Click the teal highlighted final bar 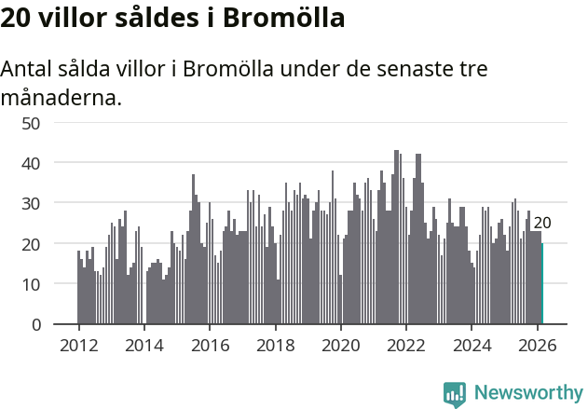pyautogui.click(x=542, y=284)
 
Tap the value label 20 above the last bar pyautogui.click(x=542, y=223)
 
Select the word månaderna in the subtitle pyautogui.click(x=61, y=97)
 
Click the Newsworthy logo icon pyautogui.click(x=455, y=393)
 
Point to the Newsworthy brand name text pyautogui.click(x=527, y=393)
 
